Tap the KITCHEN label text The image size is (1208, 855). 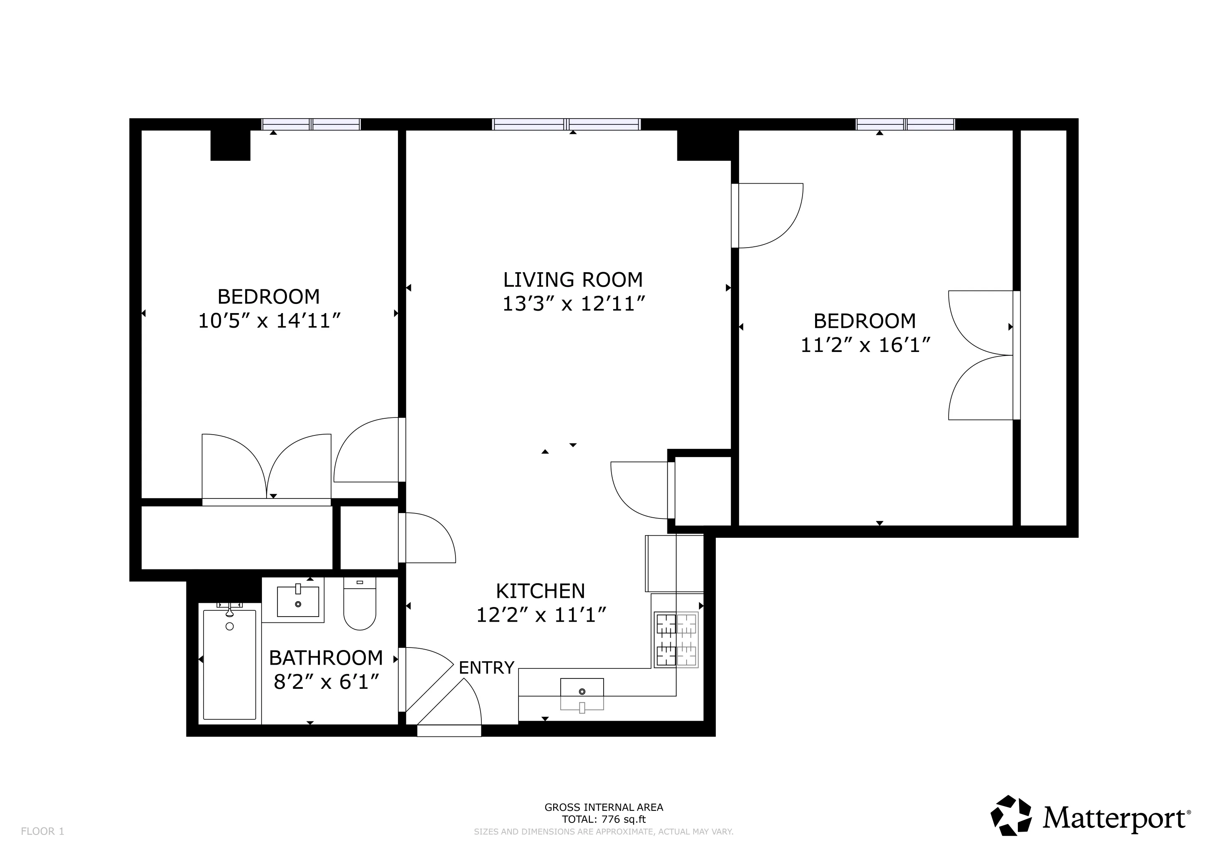pyautogui.click(x=540, y=591)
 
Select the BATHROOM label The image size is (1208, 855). pyautogui.click(x=326, y=658)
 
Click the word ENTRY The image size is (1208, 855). pyautogui.click(x=486, y=668)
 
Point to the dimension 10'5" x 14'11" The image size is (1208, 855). pyautogui.click(x=269, y=321)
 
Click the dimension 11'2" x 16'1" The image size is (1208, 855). pyautogui.click(x=866, y=345)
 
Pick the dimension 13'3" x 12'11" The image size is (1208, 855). pyautogui.click(x=574, y=304)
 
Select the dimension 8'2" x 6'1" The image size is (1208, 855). pyautogui.click(x=326, y=682)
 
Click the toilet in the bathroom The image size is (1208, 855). pyautogui.click(x=360, y=605)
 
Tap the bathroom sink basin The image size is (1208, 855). pyautogui.click(x=298, y=601)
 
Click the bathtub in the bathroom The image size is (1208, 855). pyautogui.click(x=229, y=664)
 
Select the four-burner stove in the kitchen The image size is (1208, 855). pyautogui.click(x=676, y=640)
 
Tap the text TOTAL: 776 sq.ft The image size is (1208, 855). pyautogui.click(x=604, y=819)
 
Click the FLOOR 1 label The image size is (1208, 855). pyautogui.click(x=42, y=831)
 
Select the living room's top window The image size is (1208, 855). pyautogui.click(x=566, y=124)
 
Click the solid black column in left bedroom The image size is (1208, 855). pyautogui.click(x=230, y=145)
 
